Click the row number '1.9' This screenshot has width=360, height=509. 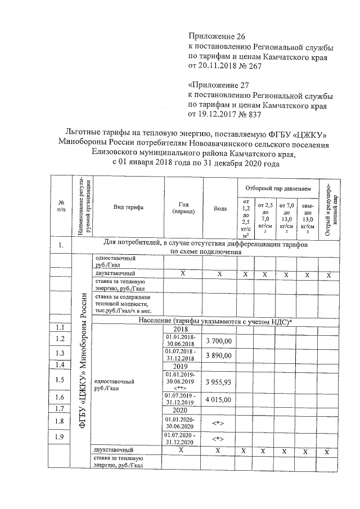pyautogui.click(x=60, y=437)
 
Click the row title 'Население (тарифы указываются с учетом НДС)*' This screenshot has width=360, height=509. pyautogui.click(x=214, y=321)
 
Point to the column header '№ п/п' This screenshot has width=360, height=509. pyautogui.click(x=60, y=206)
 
